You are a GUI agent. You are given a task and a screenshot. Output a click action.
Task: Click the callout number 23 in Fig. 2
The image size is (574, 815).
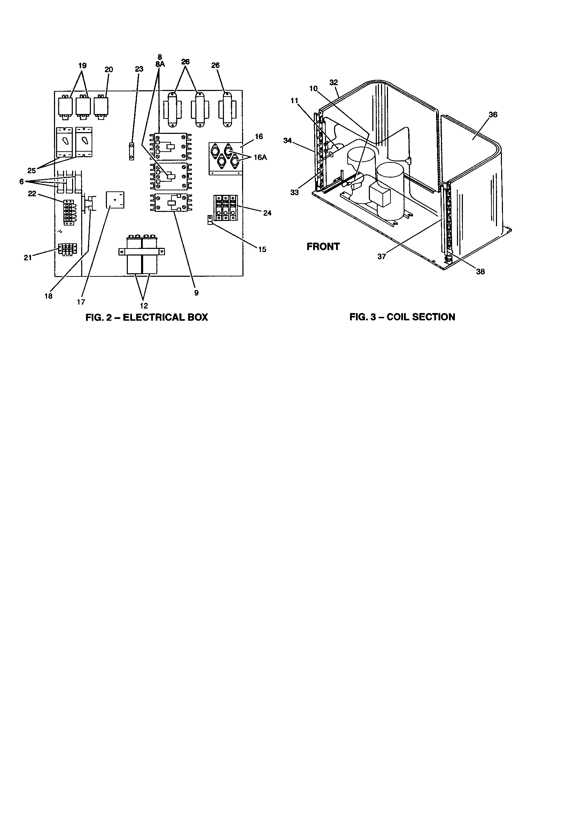[139, 69]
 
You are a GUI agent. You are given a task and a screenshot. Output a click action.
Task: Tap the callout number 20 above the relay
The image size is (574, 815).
[109, 70]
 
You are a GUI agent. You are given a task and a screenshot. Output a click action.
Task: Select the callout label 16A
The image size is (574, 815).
[260, 158]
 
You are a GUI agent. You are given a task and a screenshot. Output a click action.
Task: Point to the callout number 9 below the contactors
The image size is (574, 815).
[196, 293]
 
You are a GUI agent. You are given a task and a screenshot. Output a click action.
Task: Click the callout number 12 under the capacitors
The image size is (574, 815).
[144, 306]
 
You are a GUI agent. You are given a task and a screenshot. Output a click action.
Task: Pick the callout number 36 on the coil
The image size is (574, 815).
[493, 115]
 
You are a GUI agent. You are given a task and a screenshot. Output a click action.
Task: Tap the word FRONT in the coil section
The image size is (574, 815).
[323, 247]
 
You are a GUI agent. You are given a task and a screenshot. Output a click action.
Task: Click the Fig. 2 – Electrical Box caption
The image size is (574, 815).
[147, 317]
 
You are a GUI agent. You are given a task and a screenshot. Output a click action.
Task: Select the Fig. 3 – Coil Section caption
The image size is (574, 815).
[402, 317]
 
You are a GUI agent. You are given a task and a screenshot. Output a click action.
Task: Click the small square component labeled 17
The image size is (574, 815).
[115, 200]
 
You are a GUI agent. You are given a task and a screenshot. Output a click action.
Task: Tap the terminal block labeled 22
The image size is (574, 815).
[69, 212]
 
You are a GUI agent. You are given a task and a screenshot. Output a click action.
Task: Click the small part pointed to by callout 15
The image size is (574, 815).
[210, 220]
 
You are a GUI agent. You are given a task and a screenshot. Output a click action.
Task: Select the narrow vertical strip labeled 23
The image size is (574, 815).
[131, 152]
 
